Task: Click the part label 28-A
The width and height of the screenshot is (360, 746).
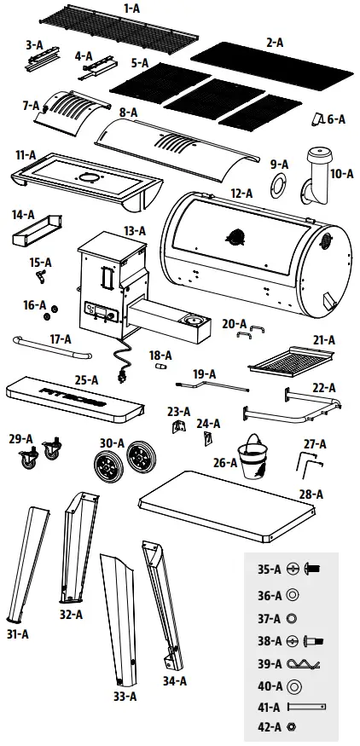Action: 310,494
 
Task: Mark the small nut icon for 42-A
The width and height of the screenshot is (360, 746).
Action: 293,727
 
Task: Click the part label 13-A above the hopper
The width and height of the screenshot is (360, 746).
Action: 135,230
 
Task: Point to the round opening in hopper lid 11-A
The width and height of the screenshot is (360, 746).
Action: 88,178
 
